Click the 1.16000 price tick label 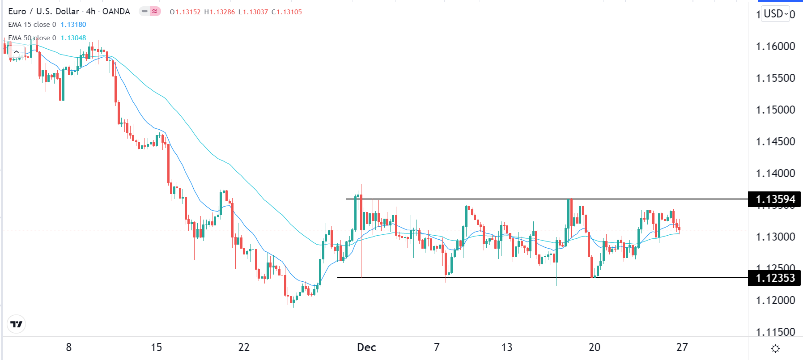[x=775, y=47]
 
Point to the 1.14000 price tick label [x=775, y=174]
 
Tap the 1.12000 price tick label [x=775, y=301]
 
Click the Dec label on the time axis [x=366, y=347]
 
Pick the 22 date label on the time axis [x=244, y=347]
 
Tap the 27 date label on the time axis [x=682, y=347]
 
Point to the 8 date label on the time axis [x=69, y=347]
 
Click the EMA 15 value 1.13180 [x=73, y=25]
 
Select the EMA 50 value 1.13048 [x=73, y=38]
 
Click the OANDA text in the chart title [x=116, y=12]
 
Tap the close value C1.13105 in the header [x=287, y=12]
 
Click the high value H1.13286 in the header [x=220, y=12]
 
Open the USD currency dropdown [x=775, y=14]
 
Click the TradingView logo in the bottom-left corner [x=17, y=324]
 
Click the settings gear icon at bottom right [x=775, y=348]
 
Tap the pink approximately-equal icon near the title [x=155, y=12]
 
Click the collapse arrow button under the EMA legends [x=17, y=52]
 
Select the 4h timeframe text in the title [x=90, y=12]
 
